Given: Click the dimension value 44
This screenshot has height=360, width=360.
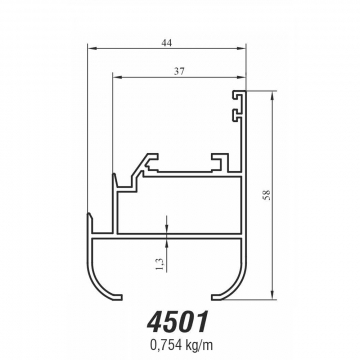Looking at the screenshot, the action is pyautogui.click(x=166, y=43).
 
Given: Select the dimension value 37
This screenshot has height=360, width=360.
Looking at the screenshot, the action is pyautogui.click(x=179, y=72).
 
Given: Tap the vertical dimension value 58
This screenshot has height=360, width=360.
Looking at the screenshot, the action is pyautogui.click(x=267, y=195).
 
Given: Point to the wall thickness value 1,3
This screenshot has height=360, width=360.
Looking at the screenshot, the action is pyautogui.click(x=160, y=264).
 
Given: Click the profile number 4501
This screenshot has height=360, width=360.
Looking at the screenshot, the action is pyautogui.click(x=178, y=322).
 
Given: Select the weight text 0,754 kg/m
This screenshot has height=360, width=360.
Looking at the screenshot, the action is pyautogui.click(x=181, y=345).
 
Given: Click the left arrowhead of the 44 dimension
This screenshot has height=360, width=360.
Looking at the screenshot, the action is pyautogui.click(x=92, y=48).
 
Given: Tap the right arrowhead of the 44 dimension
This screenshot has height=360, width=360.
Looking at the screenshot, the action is pyautogui.click(x=241, y=48).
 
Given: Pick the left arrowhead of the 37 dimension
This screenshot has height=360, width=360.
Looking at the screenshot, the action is pyautogui.click(x=117, y=77).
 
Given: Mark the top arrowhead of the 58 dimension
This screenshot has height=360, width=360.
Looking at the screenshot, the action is pyautogui.click(x=273, y=95).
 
